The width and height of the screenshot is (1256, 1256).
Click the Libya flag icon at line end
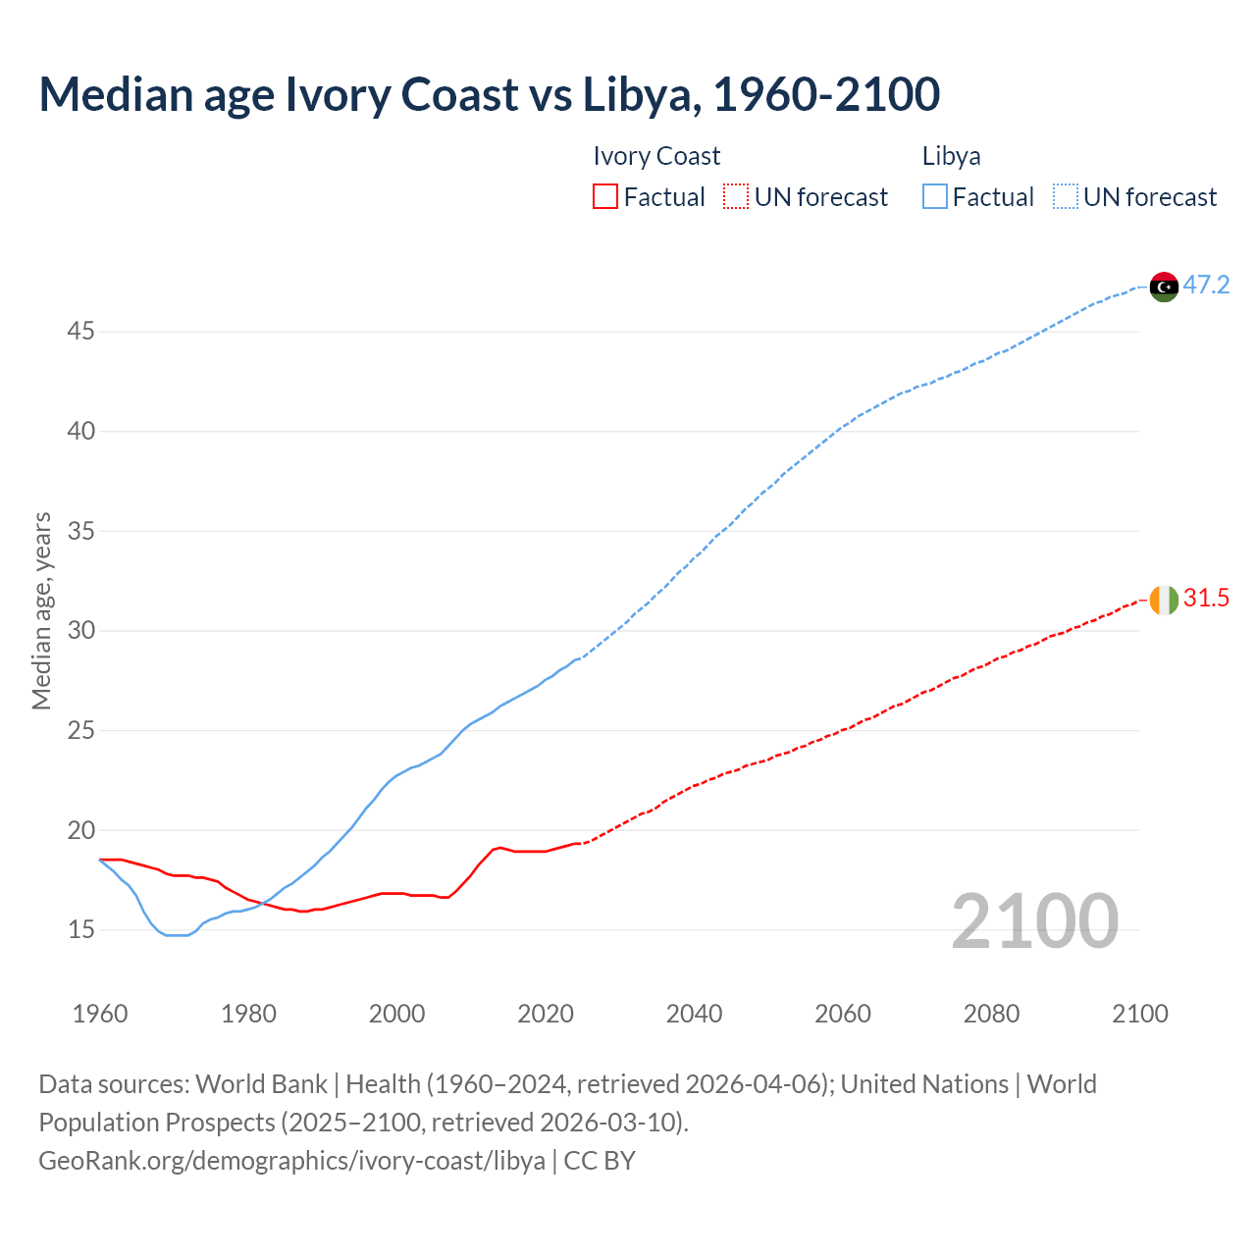[x=1164, y=287]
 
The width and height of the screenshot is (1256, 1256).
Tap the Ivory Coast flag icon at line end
[x=1164, y=600]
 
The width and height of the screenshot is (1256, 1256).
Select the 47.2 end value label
[x=1206, y=286]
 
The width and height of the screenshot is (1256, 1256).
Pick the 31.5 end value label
[x=1206, y=599]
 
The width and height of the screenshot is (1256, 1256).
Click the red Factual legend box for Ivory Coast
[x=605, y=197]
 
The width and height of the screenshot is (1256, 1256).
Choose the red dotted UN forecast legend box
[x=736, y=197]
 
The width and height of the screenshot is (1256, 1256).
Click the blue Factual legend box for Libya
[x=935, y=197]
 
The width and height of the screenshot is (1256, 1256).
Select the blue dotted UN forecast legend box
[x=1066, y=197]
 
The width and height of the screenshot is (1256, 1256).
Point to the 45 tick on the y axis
[x=80, y=332]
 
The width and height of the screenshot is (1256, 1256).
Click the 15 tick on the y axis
[x=80, y=930]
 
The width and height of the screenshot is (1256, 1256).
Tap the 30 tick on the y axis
[x=80, y=631]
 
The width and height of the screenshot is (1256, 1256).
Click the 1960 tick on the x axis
[x=100, y=1014]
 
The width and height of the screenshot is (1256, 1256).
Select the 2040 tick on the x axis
[x=694, y=1014]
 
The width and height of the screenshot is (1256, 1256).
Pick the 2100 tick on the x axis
[x=1140, y=1014]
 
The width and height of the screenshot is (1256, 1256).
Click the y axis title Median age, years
[x=41, y=610]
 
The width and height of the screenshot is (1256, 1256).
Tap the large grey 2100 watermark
[x=1034, y=921]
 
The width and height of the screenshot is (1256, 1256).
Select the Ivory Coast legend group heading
[x=656, y=156]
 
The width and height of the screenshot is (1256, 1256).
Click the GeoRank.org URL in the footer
[x=291, y=1161]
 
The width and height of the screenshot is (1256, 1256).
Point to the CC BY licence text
[x=600, y=1161]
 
